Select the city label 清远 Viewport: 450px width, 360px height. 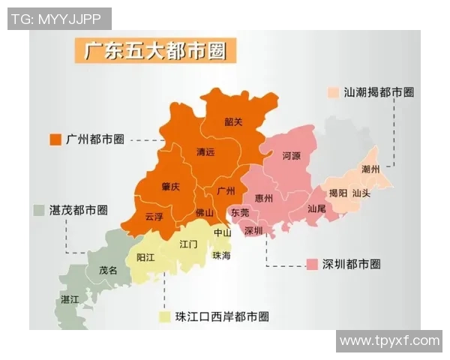205,152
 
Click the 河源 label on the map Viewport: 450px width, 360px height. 292,156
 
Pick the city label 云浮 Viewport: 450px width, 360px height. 154,216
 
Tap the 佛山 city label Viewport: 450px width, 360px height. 204,214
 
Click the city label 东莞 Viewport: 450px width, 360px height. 240,213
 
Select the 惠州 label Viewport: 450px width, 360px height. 264,198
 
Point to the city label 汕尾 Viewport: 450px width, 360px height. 316,208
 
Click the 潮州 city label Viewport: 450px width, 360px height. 370,169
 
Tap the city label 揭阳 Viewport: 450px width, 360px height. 338,193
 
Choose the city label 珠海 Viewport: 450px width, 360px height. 222,256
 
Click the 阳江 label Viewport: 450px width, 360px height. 145,256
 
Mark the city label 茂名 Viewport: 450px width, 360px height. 108,270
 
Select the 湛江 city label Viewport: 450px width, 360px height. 70,298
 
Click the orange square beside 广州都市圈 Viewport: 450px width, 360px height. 54,139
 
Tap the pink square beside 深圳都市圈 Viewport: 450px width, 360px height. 312,265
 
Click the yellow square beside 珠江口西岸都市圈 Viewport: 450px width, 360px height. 163,317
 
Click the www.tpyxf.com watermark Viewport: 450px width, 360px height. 389,341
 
